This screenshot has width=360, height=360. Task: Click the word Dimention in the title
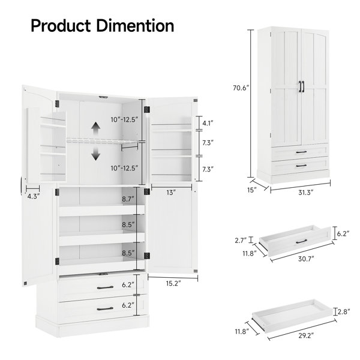tap(135, 25)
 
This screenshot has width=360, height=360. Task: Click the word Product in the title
tap(61, 25)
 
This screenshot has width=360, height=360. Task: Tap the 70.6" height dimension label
tap(241, 88)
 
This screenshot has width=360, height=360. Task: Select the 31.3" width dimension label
tap(306, 192)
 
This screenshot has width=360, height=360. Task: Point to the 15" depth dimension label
tap(251, 190)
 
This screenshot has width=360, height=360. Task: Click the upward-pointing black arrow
tap(96, 129)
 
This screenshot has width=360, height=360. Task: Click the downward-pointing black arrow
tap(96, 153)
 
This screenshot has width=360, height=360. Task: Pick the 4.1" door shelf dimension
tap(208, 123)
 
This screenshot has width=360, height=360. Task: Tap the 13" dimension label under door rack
tap(171, 193)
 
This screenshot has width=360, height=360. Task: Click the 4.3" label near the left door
tap(34, 196)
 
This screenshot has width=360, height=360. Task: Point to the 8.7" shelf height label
tap(128, 199)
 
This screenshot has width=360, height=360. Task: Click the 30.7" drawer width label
tap(306, 259)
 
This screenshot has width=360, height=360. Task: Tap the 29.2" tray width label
tap(306, 335)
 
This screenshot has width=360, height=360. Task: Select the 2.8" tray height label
tap(344, 311)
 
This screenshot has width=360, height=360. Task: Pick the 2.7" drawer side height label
tap(241, 241)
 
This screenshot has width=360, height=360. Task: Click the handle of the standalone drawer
tap(301, 241)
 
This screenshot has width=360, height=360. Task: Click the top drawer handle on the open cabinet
tap(105, 287)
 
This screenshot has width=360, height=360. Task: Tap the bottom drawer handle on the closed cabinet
tap(301, 166)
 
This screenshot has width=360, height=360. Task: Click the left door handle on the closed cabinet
tap(301, 87)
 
